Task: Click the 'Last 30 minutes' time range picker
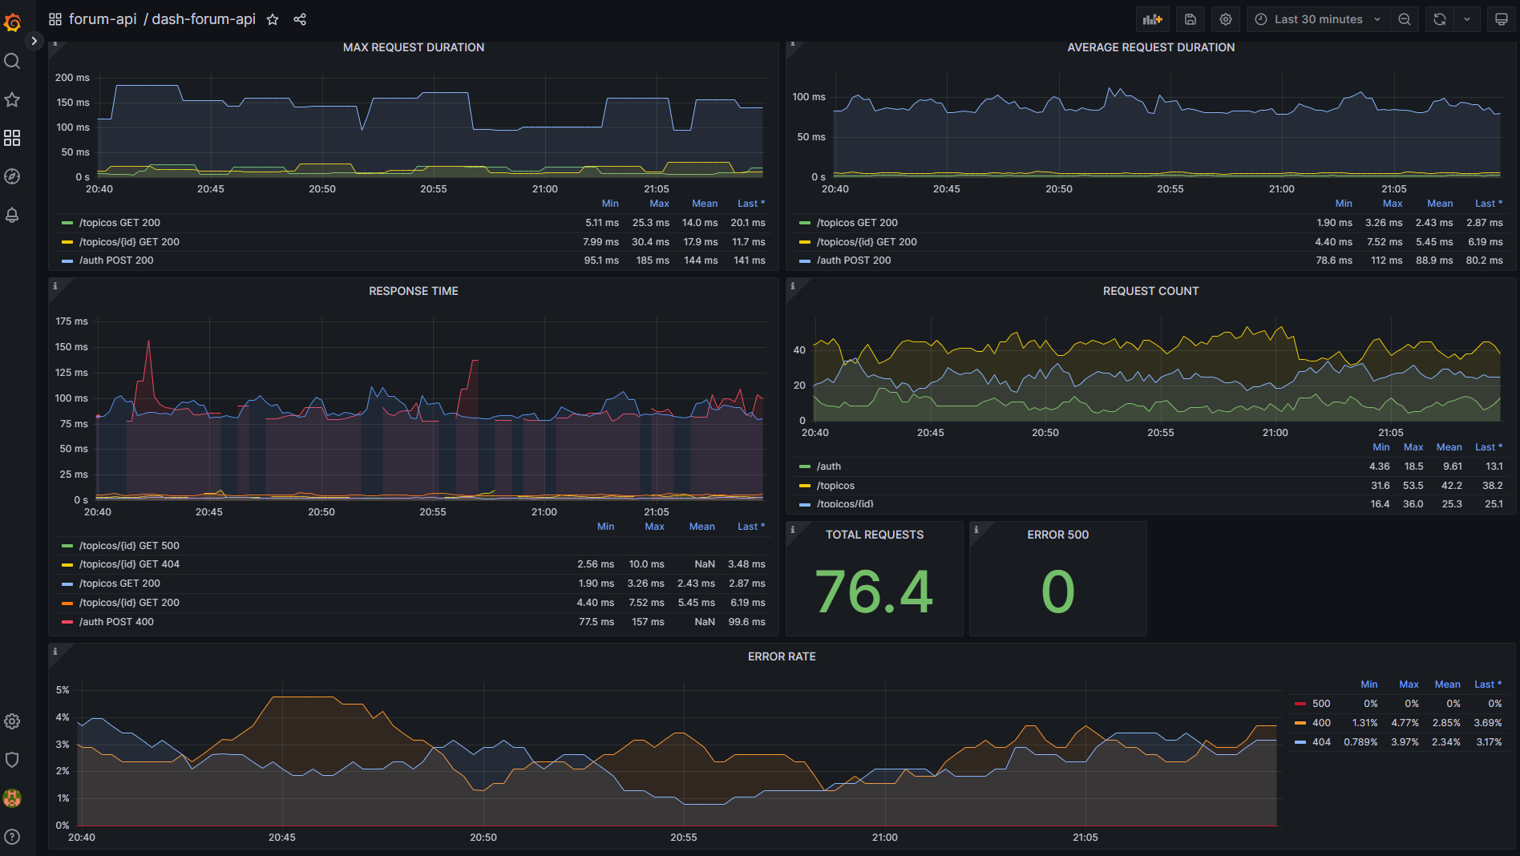click(x=1317, y=19)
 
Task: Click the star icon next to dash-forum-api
click(x=273, y=19)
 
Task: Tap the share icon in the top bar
click(x=300, y=19)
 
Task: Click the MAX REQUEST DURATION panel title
click(x=413, y=47)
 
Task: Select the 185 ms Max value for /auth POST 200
click(x=652, y=260)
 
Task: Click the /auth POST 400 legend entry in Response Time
click(x=116, y=622)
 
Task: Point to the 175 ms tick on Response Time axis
click(x=71, y=321)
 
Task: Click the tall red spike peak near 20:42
click(x=148, y=342)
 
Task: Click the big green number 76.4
click(x=874, y=592)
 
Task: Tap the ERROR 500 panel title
click(x=1057, y=535)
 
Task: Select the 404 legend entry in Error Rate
click(x=1320, y=742)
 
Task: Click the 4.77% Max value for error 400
click(x=1405, y=723)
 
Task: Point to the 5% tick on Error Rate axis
click(x=63, y=690)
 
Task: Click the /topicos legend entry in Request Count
click(x=835, y=486)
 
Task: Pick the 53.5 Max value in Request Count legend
click(x=1413, y=486)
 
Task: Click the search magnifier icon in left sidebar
click(x=12, y=61)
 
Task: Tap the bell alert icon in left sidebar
click(x=12, y=215)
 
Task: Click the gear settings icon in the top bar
click(x=1225, y=19)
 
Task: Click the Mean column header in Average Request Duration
click(x=1439, y=204)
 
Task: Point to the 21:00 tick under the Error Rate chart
click(x=884, y=837)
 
